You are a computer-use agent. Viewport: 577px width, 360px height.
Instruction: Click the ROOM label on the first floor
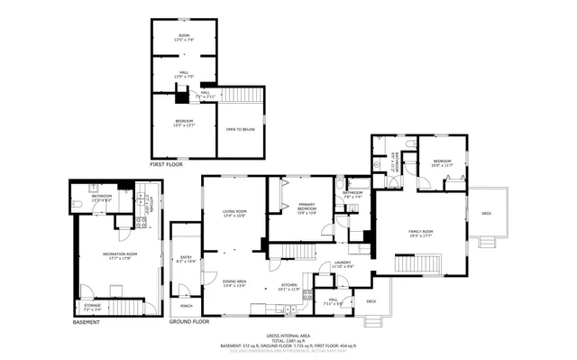pos(183,36)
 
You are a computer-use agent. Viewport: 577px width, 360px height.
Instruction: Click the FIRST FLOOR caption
pos(166,165)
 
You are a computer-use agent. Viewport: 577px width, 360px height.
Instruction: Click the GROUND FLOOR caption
pos(188,321)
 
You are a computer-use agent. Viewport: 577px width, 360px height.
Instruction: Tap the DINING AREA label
pos(235,282)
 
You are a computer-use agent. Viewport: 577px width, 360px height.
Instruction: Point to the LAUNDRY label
pos(343,263)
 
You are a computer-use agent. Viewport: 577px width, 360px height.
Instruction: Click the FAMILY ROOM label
pos(421,232)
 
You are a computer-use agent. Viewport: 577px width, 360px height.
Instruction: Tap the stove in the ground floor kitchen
pos(308,294)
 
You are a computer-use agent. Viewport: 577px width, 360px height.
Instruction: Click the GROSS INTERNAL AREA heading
pos(288,332)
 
